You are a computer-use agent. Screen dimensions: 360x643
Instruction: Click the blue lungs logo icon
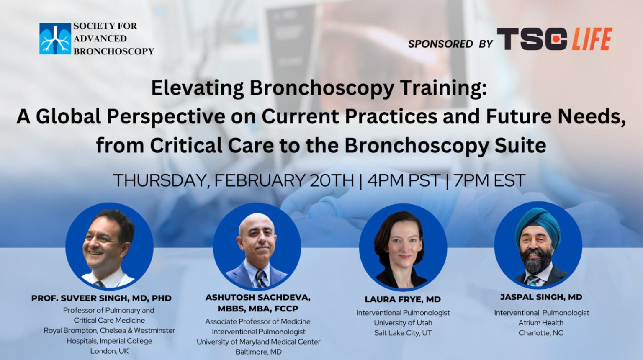55,39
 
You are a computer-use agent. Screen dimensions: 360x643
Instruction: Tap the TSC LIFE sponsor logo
554,39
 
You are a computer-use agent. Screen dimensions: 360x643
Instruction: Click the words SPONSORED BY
450,44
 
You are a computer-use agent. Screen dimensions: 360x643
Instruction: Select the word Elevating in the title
197,88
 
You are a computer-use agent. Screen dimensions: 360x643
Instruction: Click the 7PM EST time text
489,180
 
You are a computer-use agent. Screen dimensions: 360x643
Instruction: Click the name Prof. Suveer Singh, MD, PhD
101,298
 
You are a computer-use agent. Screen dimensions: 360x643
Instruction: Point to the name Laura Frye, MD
403,299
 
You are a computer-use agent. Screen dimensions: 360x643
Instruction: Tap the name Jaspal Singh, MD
541,297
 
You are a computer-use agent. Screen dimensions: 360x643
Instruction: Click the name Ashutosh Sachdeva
258,298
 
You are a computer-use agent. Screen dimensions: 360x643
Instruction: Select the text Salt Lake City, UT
403,333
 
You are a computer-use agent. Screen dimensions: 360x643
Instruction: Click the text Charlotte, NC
541,333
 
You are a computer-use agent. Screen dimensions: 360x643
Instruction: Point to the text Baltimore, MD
258,352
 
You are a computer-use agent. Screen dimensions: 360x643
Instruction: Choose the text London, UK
109,351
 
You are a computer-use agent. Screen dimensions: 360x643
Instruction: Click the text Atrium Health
541,323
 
